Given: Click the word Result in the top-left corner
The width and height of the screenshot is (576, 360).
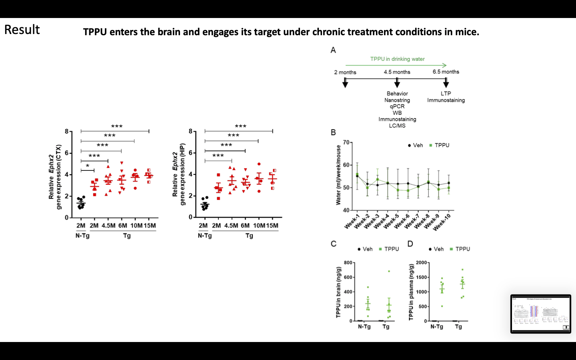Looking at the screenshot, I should coord(22,30).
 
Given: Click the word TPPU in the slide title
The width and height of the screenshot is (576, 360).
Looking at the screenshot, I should coord(95,32).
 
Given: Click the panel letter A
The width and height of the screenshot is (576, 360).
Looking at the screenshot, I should coord(333,50).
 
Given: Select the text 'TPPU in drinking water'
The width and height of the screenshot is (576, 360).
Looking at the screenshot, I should coord(397,59).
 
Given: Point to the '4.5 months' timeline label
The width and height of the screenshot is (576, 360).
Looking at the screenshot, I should coord(397,72).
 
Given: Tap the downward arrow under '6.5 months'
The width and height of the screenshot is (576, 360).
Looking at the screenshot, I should coord(446,83).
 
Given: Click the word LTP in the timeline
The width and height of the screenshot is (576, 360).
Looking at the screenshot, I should coord(446,94).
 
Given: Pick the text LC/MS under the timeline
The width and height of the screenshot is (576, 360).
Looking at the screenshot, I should coord(397,126).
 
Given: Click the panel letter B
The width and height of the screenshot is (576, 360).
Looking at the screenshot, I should coord(333,133).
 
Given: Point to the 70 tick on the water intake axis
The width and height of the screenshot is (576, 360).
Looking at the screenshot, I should coord(346,142).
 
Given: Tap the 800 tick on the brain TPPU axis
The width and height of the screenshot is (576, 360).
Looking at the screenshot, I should coord(348,263).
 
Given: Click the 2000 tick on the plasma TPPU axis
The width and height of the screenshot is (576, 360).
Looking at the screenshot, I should coord(422,263).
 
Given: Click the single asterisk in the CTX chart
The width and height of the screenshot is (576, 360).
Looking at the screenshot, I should coord(88,166).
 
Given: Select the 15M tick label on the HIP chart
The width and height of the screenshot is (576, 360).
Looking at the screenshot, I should coord(272,226).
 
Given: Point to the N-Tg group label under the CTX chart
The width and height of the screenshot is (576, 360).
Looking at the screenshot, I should coord(82,236).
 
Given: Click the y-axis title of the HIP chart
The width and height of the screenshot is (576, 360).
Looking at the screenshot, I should coord(178,174).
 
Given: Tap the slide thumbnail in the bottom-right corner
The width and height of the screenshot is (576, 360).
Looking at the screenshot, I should coord(541,314).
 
